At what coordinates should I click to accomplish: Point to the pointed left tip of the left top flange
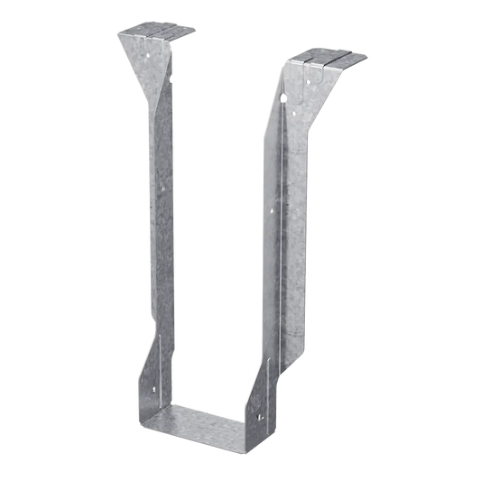tap(116, 37)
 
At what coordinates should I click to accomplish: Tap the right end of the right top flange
tap(369, 61)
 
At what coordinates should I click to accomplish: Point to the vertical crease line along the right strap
tap(287, 226)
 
